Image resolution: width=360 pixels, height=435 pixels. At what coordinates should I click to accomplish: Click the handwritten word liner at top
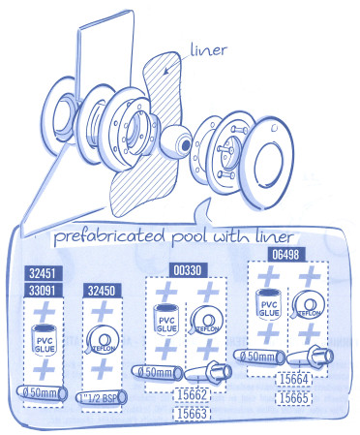209,51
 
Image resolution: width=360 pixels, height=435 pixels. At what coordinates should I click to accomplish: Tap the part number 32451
43,273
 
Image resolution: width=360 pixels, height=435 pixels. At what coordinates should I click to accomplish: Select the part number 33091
43,291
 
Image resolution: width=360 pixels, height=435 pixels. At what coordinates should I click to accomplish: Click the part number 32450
102,291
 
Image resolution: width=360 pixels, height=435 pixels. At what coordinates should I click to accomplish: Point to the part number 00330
187,269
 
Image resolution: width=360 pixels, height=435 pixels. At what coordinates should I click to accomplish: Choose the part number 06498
286,255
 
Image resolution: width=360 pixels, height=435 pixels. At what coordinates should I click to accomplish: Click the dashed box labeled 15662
193,394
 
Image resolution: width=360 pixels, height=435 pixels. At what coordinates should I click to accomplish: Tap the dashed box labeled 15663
193,414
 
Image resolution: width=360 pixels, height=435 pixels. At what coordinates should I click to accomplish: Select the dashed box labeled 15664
294,379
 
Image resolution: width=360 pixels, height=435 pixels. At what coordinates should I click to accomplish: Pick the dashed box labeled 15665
294,397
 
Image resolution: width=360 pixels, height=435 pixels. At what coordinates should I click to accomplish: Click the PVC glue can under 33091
45,340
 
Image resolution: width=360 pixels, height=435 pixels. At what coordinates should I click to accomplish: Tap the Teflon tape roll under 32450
102,340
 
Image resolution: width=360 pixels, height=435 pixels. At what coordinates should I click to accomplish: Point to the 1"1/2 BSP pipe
102,397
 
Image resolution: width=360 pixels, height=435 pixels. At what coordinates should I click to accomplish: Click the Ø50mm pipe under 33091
43,393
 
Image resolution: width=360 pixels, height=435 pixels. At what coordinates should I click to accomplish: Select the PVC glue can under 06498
268,304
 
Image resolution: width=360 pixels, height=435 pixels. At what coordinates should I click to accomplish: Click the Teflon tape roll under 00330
205,321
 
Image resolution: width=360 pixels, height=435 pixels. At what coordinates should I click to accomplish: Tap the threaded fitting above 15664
311,357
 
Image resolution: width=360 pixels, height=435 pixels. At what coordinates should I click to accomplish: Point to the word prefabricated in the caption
109,236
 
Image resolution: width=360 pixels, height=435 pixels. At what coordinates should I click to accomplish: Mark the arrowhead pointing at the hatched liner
165,71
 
